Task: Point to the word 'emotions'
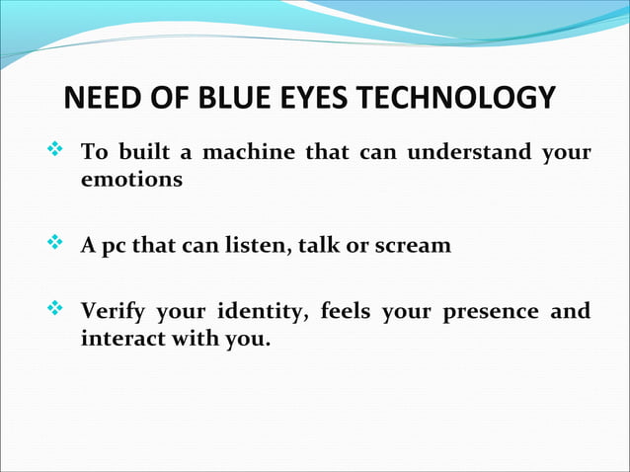point(130,182)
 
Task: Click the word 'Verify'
point(114,313)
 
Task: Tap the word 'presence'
point(491,313)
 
